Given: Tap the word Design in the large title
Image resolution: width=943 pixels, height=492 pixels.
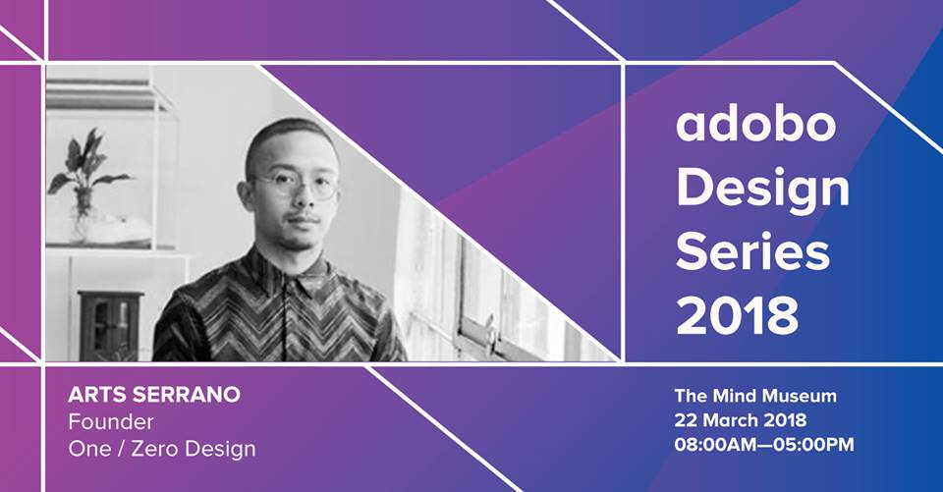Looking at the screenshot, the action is coord(762,191).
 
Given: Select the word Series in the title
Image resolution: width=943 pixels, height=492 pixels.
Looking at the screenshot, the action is coord(753,251).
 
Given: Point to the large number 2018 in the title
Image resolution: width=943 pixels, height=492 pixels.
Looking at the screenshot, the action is coord(738,315).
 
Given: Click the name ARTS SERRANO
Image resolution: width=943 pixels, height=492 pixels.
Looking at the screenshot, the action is coord(154,395).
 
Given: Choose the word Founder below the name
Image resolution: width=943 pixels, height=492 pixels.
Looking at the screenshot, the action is coord(111,421).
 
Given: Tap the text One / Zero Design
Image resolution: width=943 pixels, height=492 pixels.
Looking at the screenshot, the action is coord(162,450).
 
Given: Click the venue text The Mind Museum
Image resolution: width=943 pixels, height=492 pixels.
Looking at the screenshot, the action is coord(755,396).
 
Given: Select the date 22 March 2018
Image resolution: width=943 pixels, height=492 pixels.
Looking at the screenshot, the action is coord(741,420).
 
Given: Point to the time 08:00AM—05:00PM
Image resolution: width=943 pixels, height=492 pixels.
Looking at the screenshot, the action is coord(764,445).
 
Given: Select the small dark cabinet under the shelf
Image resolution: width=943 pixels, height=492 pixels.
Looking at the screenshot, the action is coord(111,324).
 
